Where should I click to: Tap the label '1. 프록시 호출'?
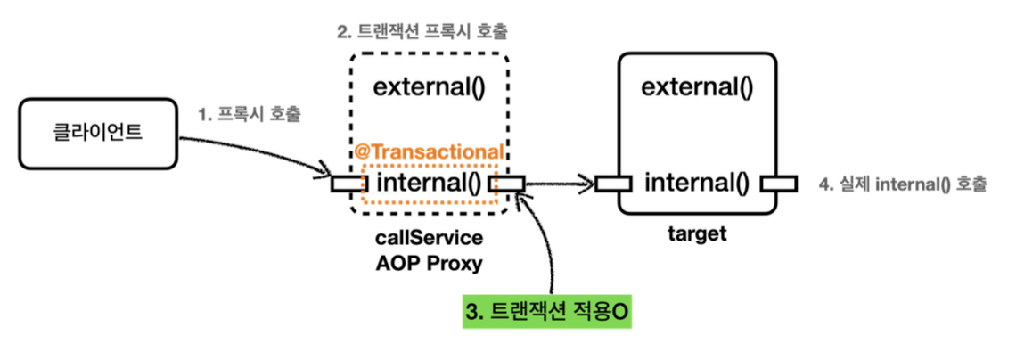250,114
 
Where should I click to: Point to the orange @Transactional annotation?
429,152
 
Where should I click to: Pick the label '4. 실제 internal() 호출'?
903,184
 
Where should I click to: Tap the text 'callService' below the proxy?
428,239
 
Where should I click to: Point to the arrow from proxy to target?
560,184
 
